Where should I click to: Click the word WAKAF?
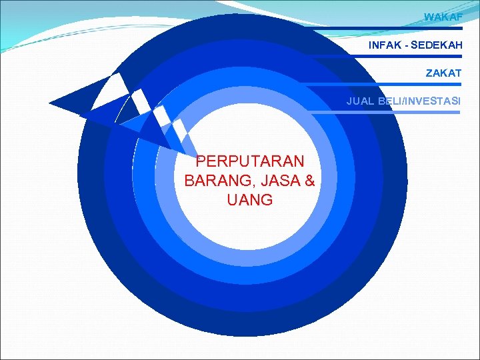click(x=443, y=17)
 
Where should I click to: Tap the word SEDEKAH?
click(x=436, y=45)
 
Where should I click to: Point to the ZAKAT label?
click(x=444, y=73)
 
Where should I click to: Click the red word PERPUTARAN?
click(x=250, y=161)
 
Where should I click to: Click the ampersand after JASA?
click(x=309, y=181)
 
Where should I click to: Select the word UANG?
click(x=250, y=200)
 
